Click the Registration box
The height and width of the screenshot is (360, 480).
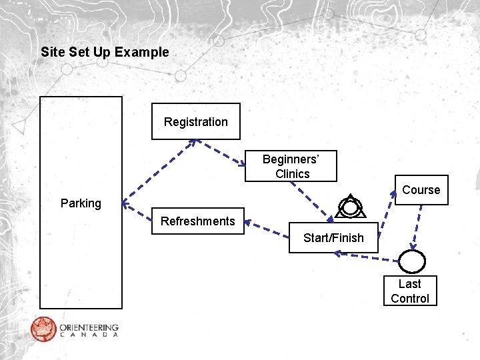pyautogui.click(x=195, y=121)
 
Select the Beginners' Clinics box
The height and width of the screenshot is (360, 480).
pyautogui.click(x=291, y=166)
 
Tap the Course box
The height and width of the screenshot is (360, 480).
pyautogui.click(x=421, y=190)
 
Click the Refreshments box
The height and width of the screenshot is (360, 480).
pyautogui.click(x=197, y=221)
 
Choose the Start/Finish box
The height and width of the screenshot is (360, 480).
pyautogui.click(x=333, y=238)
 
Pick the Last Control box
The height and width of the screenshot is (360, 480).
pyautogui.click(x=410, y=291)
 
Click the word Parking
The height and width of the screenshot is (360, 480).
pyautogui.click(x=81, y=203)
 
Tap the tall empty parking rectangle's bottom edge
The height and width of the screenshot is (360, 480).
pyautogui.click(x=81, y=308)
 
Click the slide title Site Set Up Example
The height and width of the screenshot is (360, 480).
pyautogui.click(x=105, y=52)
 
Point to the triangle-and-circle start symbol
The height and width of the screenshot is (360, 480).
pyautogui.click(x=349, y=207)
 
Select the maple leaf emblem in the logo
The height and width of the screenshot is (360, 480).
pyautogui.click(x=43, y=329)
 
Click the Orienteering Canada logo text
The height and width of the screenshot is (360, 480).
pyautogui.click(x=89, y=330)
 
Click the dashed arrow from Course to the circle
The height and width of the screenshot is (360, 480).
pyautogui.click(x=418, y=226)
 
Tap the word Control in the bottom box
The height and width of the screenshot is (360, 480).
pyautogui.click(x=410, y=299)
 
